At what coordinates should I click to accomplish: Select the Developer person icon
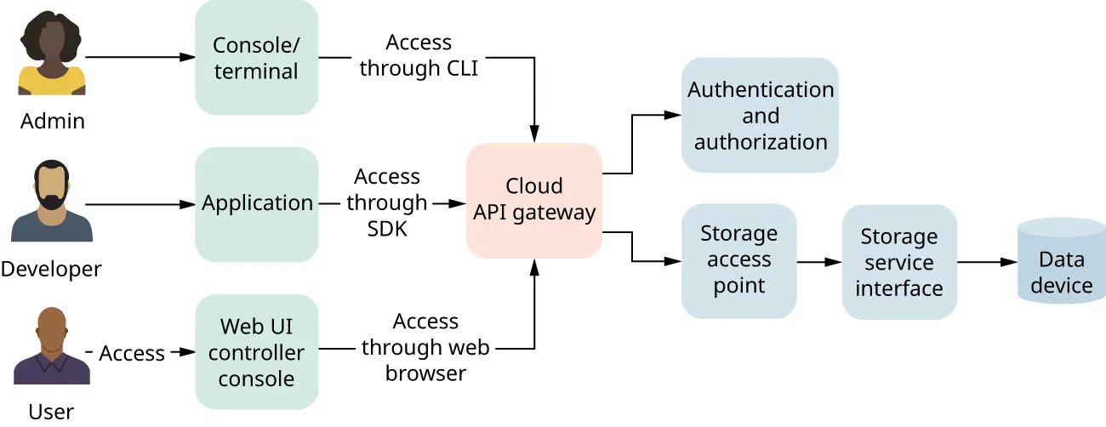[x=52, y=202]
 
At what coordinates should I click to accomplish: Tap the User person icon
[x=52, y=347]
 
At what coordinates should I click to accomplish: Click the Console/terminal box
[x=256, y=58]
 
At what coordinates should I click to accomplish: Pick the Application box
[x=256, y=204]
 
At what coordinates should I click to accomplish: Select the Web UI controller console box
[x=256, y=351]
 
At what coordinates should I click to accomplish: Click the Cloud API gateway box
[x=534, y=201]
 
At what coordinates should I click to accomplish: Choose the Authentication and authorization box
[x=760, y=116]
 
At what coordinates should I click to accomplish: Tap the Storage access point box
[x=738, y=260]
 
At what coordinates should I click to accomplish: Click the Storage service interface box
[x=899, y=262]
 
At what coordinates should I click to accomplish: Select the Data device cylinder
[x=1061, y=262]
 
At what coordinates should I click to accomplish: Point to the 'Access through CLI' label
[x=419, y=55]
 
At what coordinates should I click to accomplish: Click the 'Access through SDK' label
[x=387, y=202]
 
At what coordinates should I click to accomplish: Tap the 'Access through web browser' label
[x=425, y=347]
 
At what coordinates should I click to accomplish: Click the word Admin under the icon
[x=53, y=121]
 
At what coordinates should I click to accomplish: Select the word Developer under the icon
[x=51, y=270]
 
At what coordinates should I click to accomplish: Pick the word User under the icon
[x=51, y=413]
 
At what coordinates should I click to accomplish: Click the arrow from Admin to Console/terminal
[x=140, y=58]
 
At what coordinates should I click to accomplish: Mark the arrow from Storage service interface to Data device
[x=987, y=262]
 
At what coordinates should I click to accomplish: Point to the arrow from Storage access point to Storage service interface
[x=819, y=262]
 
